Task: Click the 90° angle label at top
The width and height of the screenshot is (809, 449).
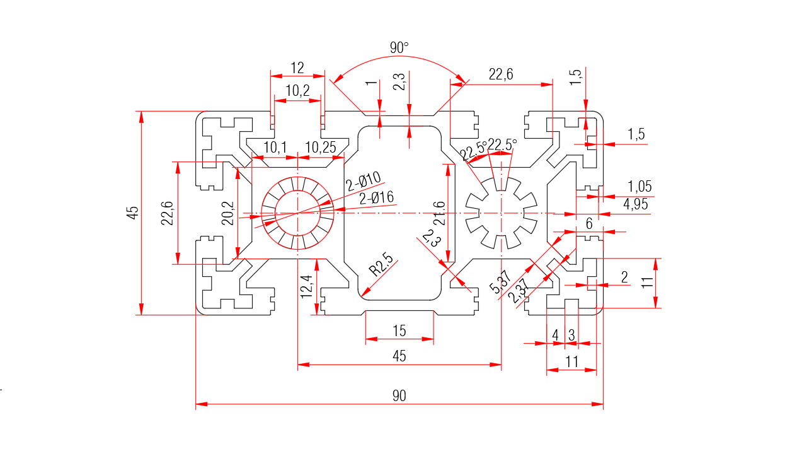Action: coord(399,47)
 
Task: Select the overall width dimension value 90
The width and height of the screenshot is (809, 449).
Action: coord(399,396)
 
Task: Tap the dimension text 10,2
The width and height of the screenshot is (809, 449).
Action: coord(297,91)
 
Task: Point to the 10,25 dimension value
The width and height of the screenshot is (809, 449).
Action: coord(321,148)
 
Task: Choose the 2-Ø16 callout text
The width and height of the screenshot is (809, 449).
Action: coord(376,198)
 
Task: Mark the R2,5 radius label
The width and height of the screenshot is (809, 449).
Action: coord(381,265)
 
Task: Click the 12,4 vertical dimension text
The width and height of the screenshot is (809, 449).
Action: coord(307,287)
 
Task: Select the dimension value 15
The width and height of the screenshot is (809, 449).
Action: coord(399,330)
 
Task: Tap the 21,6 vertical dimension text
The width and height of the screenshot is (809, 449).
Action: coord(440,213)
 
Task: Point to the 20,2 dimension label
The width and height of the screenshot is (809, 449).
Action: coord(228,213)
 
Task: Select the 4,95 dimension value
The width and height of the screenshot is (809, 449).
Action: coord(636,204)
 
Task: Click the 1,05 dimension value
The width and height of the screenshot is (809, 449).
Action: coord(640,187)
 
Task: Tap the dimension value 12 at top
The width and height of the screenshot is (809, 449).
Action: coord(297,67)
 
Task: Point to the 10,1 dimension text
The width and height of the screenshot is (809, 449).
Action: coord(275,148)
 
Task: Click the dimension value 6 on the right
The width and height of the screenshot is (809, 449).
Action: coord(589,224)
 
